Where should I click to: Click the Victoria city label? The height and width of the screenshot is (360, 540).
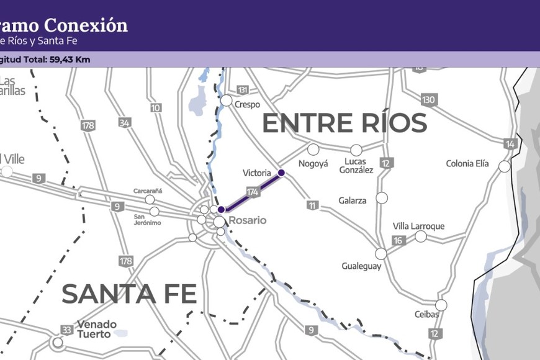(257, 173)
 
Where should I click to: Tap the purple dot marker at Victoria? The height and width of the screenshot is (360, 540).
(281, 173)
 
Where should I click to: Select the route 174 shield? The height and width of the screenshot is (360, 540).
(252, 192)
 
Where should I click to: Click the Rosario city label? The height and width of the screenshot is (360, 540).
(247, 220)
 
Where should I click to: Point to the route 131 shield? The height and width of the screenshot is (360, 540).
(242, 89)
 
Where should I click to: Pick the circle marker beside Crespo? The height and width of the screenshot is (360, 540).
(227, 101)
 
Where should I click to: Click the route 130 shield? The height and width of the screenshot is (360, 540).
(428, 100)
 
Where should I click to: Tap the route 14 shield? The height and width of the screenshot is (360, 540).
(510, 144)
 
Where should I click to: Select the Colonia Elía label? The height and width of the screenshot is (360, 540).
(467, 164)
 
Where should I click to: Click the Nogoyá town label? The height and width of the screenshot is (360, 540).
(313, 164)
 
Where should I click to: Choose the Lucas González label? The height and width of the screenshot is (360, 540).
(356, 166)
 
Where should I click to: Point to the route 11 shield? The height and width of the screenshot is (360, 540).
(312, 205)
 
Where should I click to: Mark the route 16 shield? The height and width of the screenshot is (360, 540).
(398, 240)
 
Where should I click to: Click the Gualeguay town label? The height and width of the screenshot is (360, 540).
(361, 266)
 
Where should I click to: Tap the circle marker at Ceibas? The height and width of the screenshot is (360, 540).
(441, 305)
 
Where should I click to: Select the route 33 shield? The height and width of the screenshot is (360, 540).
(66, 329)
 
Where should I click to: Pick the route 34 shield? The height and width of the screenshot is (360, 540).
(125, 122)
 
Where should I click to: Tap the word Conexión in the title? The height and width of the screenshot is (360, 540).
(96, 25)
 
